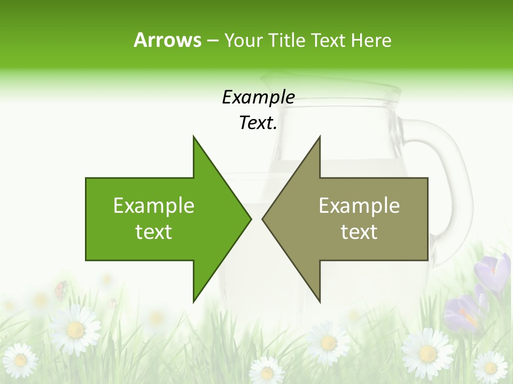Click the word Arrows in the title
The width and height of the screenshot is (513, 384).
167,40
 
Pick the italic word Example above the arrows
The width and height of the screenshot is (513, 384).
258,97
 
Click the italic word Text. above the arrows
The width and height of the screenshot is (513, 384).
258,123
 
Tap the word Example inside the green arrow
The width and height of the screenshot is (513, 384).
154,205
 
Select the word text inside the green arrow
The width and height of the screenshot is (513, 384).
154,232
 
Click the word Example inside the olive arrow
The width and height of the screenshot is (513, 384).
359,205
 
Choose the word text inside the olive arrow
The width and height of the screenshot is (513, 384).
359,232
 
